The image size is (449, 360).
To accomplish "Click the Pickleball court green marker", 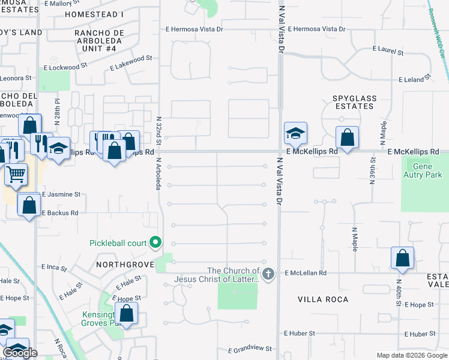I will pos(156,242).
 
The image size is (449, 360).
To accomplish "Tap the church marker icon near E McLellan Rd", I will pos(268,274).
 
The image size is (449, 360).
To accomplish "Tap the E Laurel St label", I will pos(388,50).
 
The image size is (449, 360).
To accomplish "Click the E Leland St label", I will pos(415,79).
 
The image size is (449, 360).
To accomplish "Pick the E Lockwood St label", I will pos(67,63).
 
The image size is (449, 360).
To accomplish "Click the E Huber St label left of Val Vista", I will pos(300,333).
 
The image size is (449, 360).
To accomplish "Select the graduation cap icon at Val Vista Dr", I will pos(295,133).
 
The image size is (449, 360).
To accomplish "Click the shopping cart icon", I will pos(16,174).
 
